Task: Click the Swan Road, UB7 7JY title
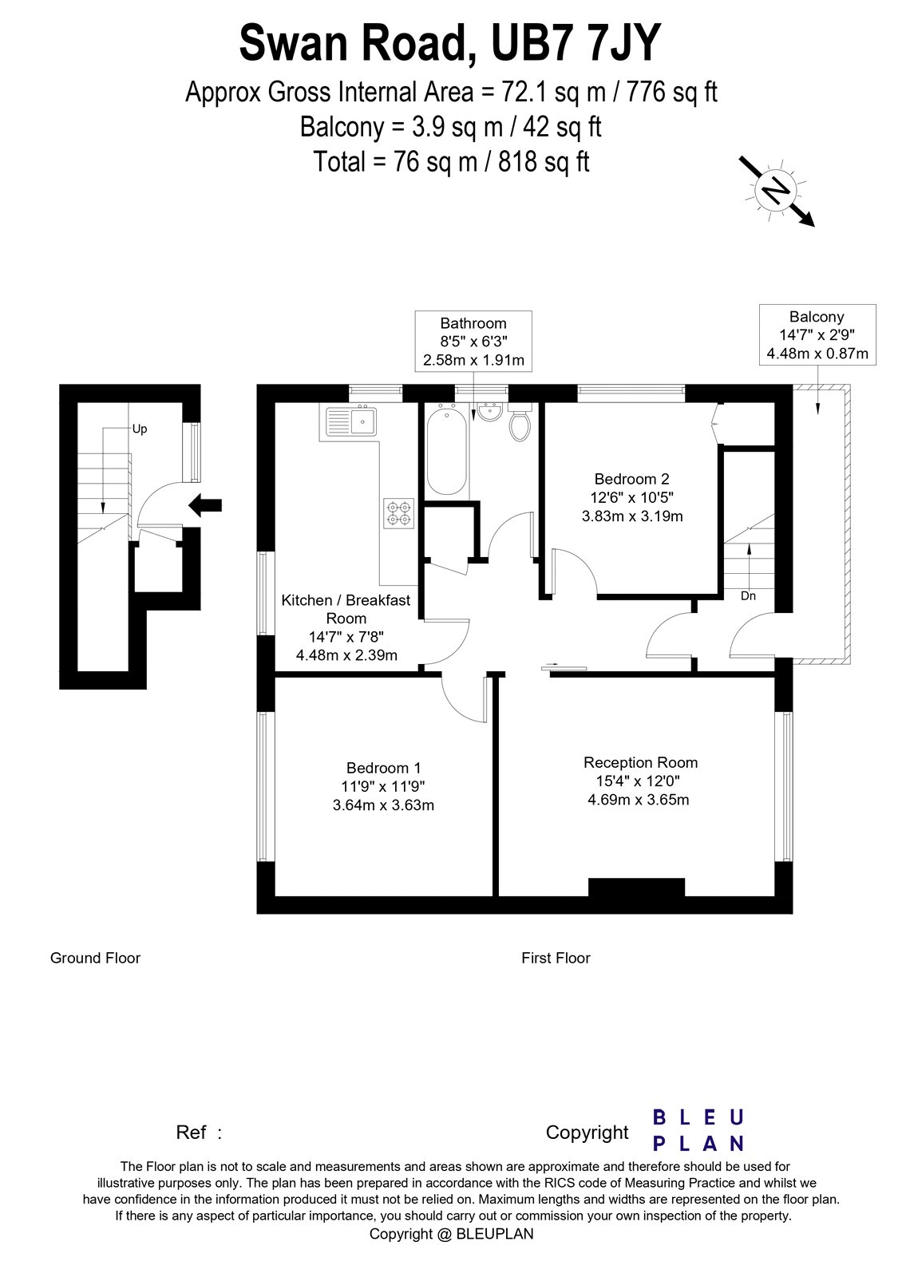coord(450,44)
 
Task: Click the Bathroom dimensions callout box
coord(473,342)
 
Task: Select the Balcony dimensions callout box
coord(817,335)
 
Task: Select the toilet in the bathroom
coord(520,425)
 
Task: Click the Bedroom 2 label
coord(631,480)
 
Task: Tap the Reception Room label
coord(640,763)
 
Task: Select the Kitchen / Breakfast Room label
coord(346,609)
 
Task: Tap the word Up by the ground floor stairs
coord(140,429)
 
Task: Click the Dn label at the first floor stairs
coord(748,596)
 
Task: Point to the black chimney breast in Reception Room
coord(636,888)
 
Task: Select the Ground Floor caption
coord(95,958)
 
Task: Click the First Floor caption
coord(556,958)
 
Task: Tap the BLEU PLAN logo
coord(698,1130)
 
